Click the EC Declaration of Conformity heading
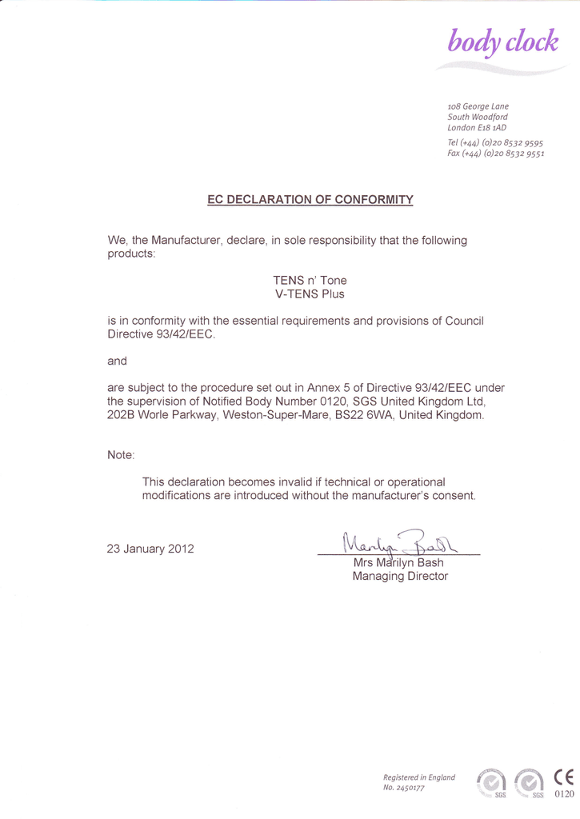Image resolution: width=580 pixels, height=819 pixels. click(x=310, y=199)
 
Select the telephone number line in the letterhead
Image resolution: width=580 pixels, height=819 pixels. click(x=495, y=142)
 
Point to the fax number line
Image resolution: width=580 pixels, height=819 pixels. click(x=495, y=154)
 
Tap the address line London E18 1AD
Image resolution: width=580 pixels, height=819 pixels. click(x=477, y=127)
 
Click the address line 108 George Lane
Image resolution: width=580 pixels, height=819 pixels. click(x=478, y=106)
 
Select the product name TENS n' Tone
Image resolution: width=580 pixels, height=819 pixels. click(x=310, y=281)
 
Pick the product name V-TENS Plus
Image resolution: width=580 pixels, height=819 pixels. click(x=310, y=294)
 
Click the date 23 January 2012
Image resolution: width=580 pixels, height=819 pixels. click(x=150, y=549)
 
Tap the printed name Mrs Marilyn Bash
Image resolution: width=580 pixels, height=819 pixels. click(x=398, y=562)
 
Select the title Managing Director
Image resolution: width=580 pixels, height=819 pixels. click(x=400, y=576)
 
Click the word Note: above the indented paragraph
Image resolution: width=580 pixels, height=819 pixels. click(x=121, y=455)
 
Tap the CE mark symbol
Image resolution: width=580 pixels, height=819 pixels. click(x=564, y=777)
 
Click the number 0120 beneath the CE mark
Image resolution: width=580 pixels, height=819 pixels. click(x=564, y=794)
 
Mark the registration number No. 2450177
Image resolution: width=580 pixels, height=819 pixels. click(x=404, y=788)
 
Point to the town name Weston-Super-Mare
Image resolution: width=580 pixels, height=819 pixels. click(x=275, y=415)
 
